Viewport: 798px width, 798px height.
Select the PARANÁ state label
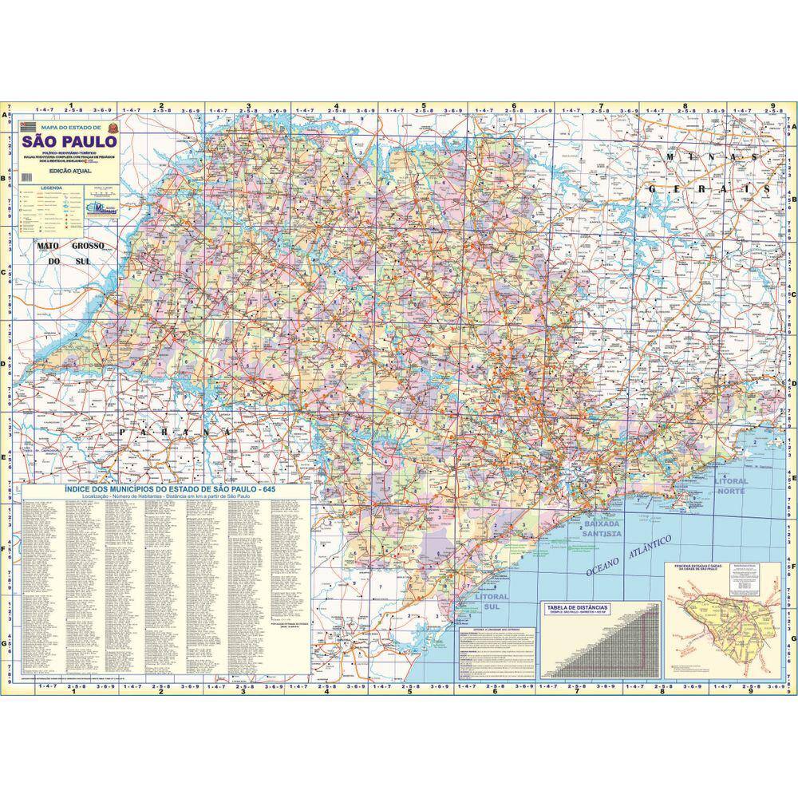point(168,432)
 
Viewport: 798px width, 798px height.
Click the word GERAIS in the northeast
point(710,190)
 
